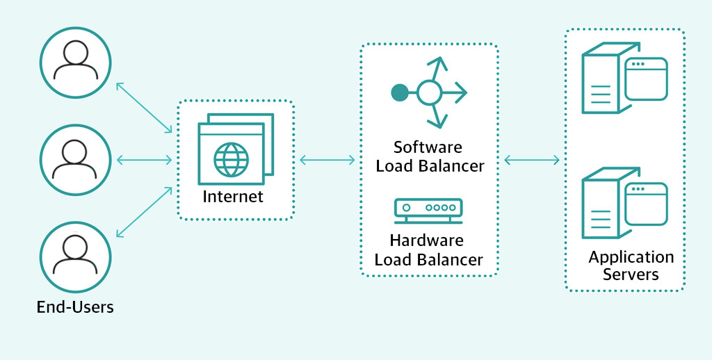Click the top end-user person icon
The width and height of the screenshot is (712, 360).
75,62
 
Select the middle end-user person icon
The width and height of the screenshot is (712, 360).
75,159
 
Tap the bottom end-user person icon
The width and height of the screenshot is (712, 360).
75,255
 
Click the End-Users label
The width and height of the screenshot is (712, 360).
75,306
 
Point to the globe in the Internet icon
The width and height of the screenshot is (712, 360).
231,158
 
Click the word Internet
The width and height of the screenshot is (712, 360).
233,197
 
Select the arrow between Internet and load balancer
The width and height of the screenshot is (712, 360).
327,161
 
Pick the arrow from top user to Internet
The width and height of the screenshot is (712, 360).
144,107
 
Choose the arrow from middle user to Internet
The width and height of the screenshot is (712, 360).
144,161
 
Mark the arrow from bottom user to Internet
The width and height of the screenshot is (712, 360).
144,212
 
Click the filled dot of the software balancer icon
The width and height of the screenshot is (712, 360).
399,92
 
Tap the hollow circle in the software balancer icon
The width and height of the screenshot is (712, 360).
429,92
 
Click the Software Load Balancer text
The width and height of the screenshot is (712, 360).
429,156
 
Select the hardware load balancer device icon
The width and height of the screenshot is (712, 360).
428,209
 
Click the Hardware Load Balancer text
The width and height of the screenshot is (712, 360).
428,250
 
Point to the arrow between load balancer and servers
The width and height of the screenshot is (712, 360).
532,161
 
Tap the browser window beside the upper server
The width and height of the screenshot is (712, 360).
646,79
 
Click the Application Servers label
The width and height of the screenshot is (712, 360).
631,265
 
